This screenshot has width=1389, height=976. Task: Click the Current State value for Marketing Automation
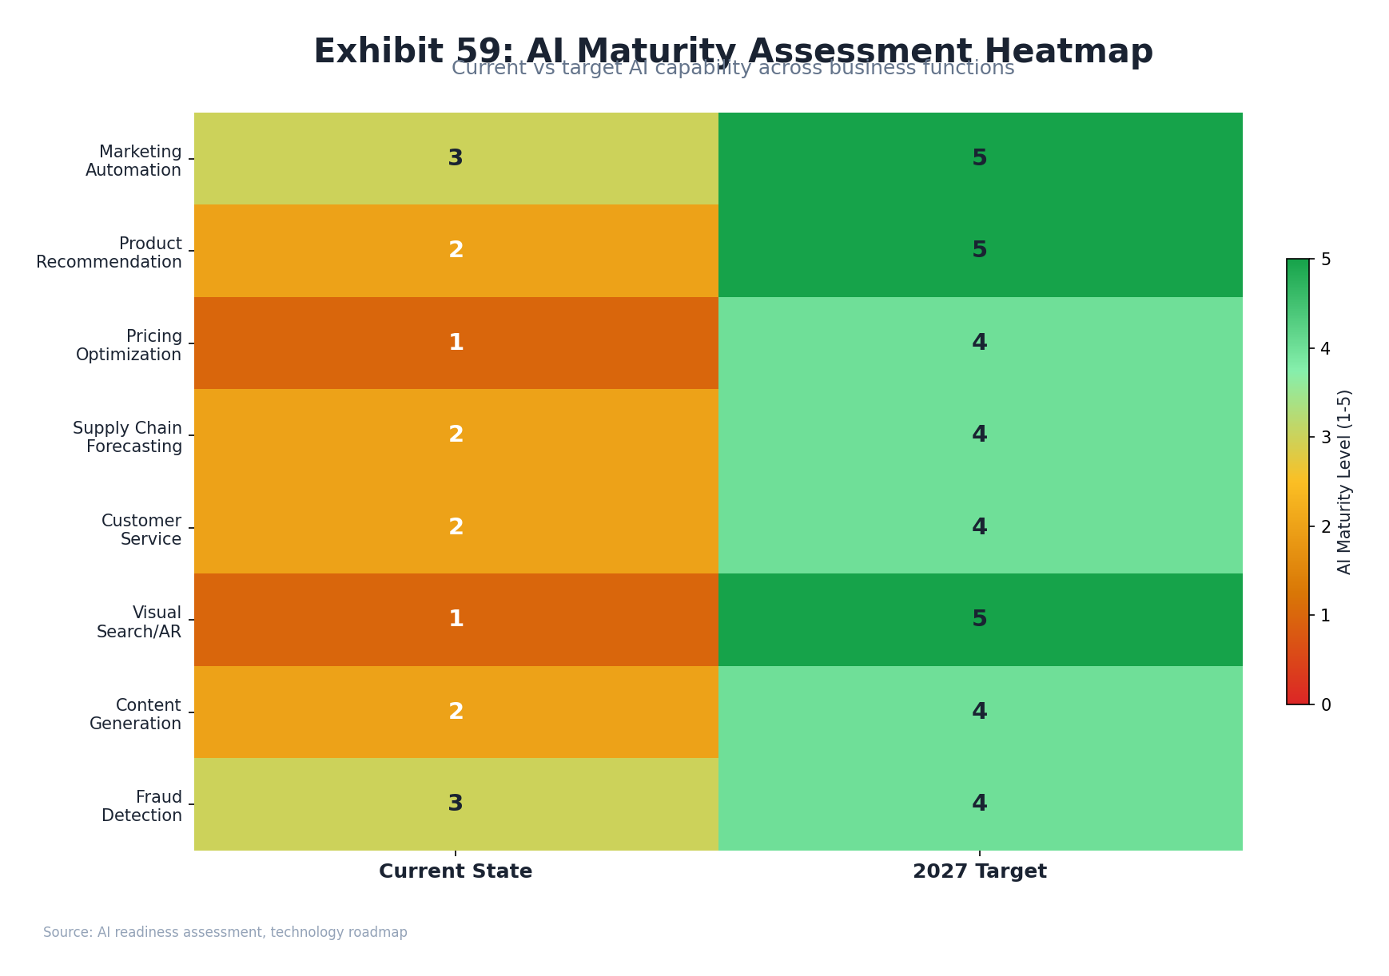coord(456,158)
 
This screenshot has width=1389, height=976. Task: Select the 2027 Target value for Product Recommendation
coord(980,250)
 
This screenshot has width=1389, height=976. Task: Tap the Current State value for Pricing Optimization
coord(456,343)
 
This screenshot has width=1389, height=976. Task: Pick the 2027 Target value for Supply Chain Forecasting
coord(980,434)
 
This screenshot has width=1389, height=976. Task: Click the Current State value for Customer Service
coord(456,527)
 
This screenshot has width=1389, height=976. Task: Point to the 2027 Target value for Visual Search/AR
coord(980,619)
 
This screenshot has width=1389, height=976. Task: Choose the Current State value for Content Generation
coord(456,712)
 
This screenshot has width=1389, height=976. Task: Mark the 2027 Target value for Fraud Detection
coord(980,803)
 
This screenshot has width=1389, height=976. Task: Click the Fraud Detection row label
coord(142,806)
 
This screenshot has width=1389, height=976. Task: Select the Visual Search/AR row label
coord(139,621)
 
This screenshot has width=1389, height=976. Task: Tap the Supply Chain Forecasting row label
coord(128,437)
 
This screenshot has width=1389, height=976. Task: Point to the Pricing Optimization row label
coord(129,345)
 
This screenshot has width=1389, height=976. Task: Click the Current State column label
coord(456,871)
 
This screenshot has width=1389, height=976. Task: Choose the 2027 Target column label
coord(980,871)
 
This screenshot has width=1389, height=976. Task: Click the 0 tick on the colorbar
coord(1326,704)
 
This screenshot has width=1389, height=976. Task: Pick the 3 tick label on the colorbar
coord(1326,437)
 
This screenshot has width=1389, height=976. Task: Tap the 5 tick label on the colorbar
coord(1326,259)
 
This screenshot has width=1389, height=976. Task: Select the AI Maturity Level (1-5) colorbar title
coord(1344,482)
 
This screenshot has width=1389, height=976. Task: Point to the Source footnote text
coord(225,932)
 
